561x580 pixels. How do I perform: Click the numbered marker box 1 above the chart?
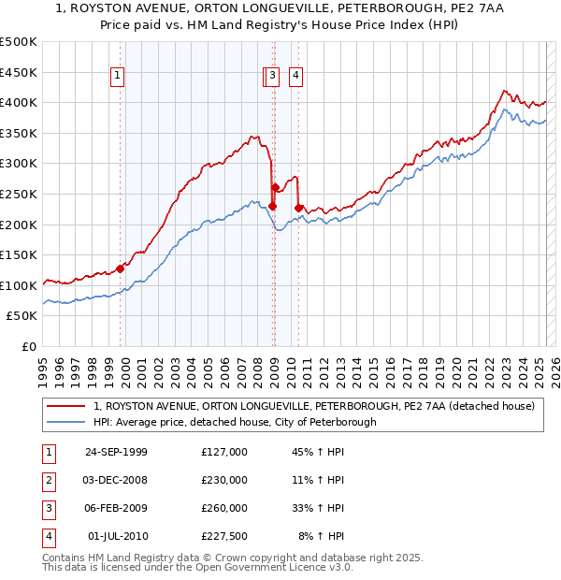[119, 77]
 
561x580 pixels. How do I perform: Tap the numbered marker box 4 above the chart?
[295, 77]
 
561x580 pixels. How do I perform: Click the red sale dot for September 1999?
[121, 268]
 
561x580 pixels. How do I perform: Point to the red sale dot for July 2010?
[298, 208]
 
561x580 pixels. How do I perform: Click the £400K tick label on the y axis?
[19, 102]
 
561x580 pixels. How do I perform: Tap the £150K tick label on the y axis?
[19, 254]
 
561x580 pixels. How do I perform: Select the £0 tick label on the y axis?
[28, 346]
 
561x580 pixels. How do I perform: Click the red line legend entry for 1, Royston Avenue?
[313, 406]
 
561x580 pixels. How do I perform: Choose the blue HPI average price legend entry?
[235, 422]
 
